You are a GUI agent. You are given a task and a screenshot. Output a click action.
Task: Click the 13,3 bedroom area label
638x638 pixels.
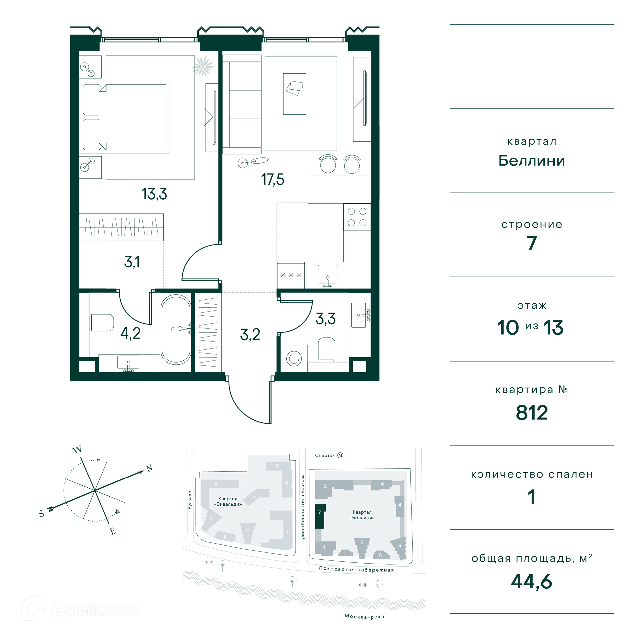[x=154, y=194]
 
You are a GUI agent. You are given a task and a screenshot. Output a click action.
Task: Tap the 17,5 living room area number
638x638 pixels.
[x=272, y=180]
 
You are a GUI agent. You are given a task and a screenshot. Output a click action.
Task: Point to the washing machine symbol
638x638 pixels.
[x=294, y=359]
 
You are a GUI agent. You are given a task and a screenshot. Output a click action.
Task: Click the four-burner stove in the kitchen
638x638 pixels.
[x=357, y=217]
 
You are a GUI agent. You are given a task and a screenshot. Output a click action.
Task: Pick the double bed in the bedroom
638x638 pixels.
[x=125, y=117]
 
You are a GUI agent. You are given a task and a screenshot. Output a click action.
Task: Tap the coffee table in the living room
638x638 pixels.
[x=294, y=94]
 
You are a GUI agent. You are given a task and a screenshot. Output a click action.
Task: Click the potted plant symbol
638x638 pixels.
[x=203, y=66]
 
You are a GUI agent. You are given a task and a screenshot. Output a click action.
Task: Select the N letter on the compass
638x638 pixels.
[x=150, y=468]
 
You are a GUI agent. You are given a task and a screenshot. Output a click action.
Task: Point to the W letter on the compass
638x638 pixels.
[x=77, y=450]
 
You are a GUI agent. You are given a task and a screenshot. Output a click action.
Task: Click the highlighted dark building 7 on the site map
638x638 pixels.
[x=320, y=516]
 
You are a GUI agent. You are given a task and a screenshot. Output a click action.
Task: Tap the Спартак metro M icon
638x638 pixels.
[x=340, y=455]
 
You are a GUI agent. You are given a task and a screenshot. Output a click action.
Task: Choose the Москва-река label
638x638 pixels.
[x=365, y=617]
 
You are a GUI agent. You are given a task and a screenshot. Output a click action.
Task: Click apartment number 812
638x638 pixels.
[x=532, y=413]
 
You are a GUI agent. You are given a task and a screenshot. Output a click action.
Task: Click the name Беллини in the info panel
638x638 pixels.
[x=532, y=160]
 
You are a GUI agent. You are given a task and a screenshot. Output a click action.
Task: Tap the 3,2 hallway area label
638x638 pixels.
[x=250, y=335]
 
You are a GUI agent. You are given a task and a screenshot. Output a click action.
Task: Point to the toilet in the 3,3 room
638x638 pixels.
[x=326, y=349]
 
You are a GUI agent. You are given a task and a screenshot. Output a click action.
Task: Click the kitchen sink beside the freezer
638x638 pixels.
[x=327, y=275]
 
